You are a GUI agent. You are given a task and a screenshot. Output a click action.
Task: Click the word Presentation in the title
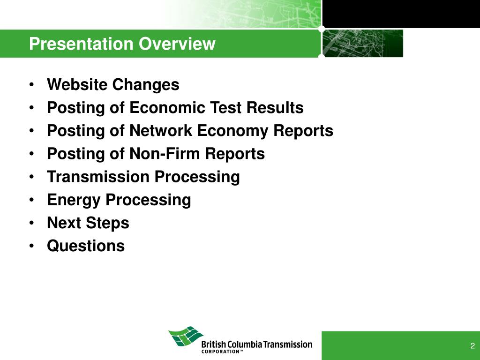(82, 44)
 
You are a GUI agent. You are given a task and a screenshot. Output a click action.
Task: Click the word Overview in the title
(177, 44)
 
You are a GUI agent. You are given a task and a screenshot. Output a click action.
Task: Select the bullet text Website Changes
(113, 85)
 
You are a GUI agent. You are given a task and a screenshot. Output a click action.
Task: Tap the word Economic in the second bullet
(167, 107)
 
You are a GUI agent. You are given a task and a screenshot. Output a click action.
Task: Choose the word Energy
(74, 200)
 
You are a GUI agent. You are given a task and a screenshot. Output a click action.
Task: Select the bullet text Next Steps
(88, 223)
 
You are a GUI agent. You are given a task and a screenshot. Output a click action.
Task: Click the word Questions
(86, 246)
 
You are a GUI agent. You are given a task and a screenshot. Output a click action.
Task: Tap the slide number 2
(472, 346)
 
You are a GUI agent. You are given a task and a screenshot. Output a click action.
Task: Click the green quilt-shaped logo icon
(186, 337)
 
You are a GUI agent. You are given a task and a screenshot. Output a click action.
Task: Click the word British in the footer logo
(210, 345)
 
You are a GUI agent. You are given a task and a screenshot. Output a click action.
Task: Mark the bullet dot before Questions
(32, 246)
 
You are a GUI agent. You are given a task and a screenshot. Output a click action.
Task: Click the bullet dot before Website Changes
(32, 84)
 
